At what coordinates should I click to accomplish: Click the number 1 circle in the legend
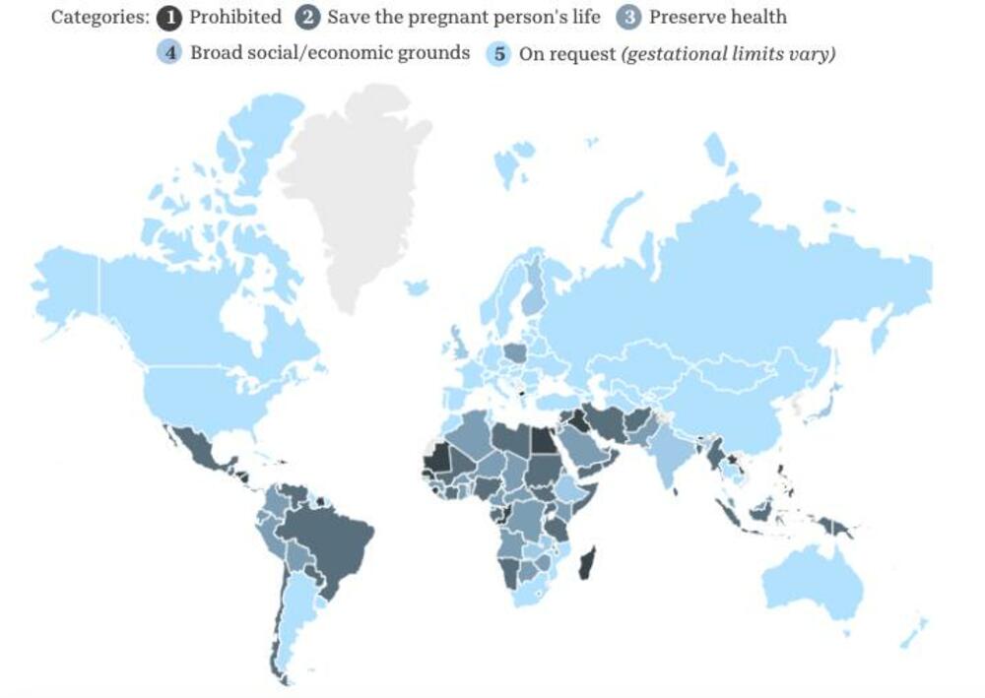point(171,18)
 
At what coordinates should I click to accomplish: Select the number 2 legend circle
point(309,18)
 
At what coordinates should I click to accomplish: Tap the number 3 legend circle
point(630,18)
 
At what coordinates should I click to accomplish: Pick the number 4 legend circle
point(172,53)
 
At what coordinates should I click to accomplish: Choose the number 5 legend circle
point(500,53)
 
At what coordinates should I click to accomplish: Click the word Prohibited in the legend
point(234,18)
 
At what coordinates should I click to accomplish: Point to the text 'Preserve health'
point(718,18)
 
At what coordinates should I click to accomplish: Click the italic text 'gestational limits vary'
point(728,53)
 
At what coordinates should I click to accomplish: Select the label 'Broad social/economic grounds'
point(330,53)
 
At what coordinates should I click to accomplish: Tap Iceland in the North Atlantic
point(417,287)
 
